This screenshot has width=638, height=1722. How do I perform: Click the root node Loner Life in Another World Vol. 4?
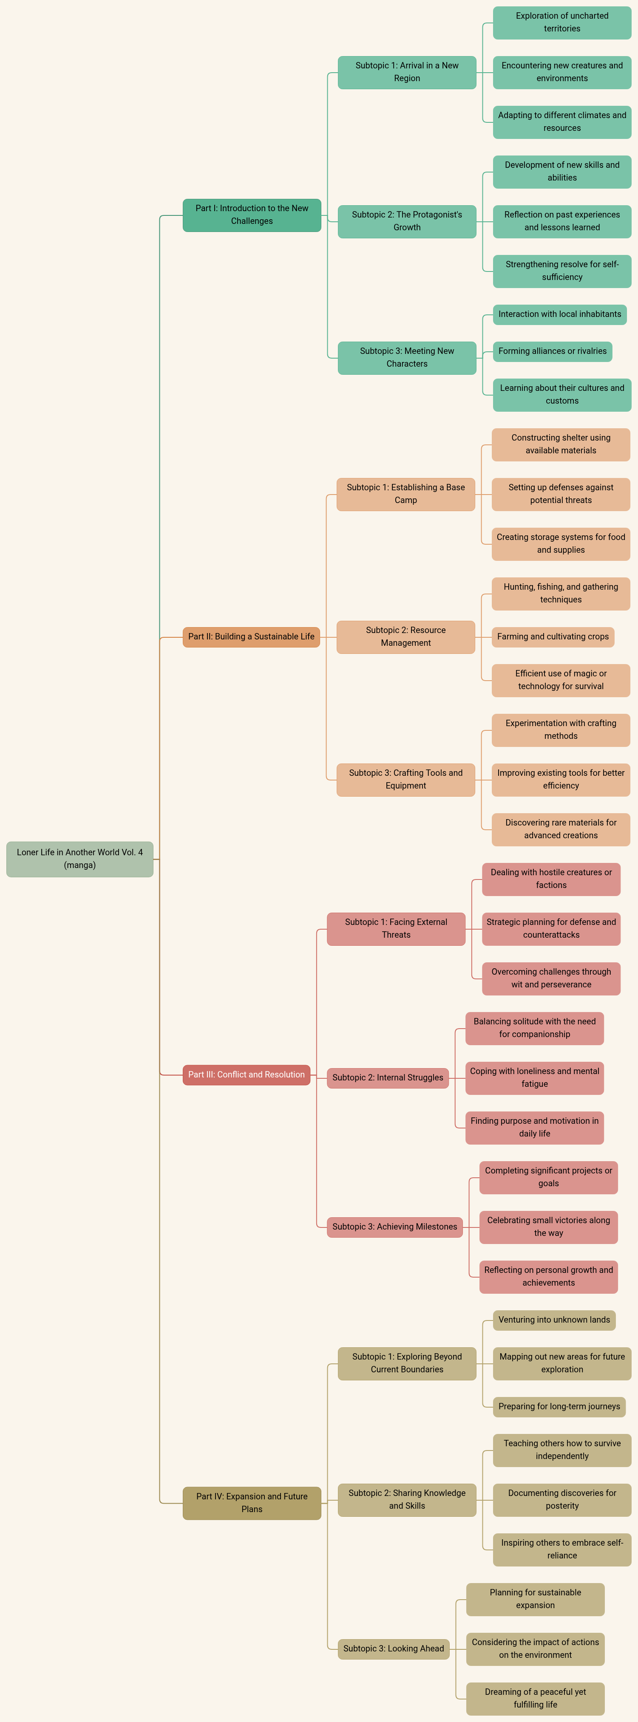point(79,858)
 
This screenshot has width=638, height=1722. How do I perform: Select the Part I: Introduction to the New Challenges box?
point(252,215)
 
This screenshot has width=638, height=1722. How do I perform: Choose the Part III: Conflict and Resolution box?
point(246,1074)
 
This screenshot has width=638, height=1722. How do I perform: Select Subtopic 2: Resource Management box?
point(405,636)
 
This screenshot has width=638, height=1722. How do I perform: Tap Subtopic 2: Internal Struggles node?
point(387,1077)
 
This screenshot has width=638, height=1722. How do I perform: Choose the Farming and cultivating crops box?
point(553,636)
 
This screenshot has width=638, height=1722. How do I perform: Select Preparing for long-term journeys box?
point(559,1406)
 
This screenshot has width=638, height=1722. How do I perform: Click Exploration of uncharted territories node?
point(562,22)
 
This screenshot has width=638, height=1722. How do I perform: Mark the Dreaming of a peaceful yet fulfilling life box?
point(535,1698)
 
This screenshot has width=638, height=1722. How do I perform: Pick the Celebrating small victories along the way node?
point(548,1226)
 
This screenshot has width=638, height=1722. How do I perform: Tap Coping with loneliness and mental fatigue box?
point(534,1077)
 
